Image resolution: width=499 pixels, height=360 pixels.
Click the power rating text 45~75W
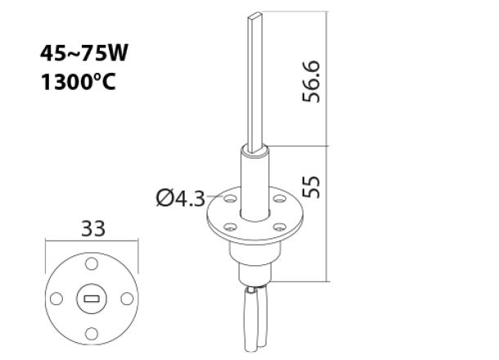[84, 54]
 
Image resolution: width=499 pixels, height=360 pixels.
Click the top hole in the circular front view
[91, 266]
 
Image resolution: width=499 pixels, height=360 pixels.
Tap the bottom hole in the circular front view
[91, 332]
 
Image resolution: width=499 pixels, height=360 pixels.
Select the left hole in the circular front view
[57, 299]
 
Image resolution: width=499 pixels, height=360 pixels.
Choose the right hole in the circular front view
[124, 299]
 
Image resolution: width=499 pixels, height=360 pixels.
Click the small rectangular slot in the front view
[91, 299]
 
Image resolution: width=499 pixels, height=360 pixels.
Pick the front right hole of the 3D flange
[279, 225]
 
